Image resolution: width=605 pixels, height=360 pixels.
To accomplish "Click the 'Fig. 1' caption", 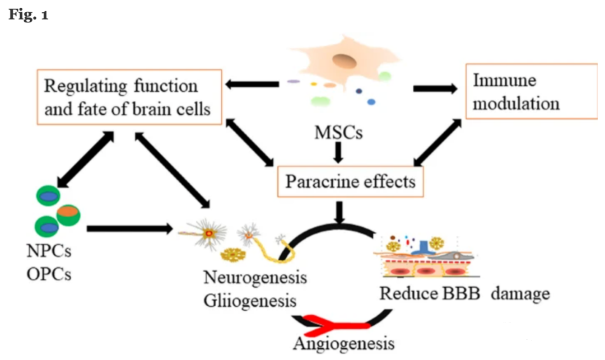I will point(28,15).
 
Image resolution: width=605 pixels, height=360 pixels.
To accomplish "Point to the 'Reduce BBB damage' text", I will point(464,293).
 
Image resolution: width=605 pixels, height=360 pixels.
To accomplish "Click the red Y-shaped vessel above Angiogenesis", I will point(336,322).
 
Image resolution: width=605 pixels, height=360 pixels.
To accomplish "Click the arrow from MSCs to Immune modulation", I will point(435,88).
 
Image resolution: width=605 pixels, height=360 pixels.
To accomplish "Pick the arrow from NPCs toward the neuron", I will point(129,228).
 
